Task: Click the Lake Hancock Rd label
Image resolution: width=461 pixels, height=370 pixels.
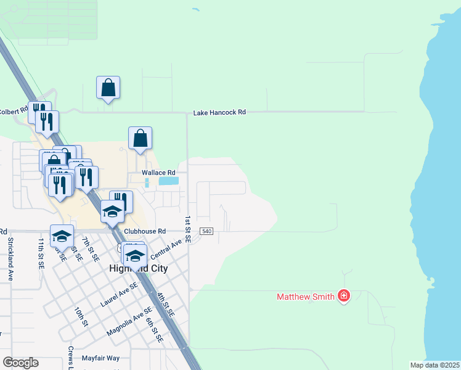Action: pyautogui.click(x=219, y=112)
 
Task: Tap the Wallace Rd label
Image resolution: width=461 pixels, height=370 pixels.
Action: pyautogui.click(x=159, y=172)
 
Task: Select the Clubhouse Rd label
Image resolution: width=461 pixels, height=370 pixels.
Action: pyautogui.click(x=145, y=231)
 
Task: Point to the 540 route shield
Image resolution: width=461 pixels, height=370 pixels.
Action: pyautogui.click(x=206, y=231)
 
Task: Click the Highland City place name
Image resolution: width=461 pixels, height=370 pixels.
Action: pyautogui.click(x=139, y=269)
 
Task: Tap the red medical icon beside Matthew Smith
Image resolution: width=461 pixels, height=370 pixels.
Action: pyautogui.click(x=344, y=297)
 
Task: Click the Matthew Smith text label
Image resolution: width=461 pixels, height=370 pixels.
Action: pyautogui.click(x=305, y=297)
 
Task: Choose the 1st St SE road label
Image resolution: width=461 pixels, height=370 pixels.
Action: pyautogui.click(x=188, y=229)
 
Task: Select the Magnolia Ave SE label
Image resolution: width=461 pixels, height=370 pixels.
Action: pyautogui.click(x=129, y=323)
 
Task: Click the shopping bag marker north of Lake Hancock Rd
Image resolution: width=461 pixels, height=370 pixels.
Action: pyautogui.click(x=108, y=88)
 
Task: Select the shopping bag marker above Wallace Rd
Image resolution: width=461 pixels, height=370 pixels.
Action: pyautogui.click(x=140, y=139)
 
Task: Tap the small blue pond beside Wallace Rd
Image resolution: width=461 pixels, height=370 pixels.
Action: pyautogui.click(x=169, y=181)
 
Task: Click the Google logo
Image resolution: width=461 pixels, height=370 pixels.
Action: pyautogui.click(x=20, y=363)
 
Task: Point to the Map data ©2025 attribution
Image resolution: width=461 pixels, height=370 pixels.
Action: pyautogui.click(x=434, y=365)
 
